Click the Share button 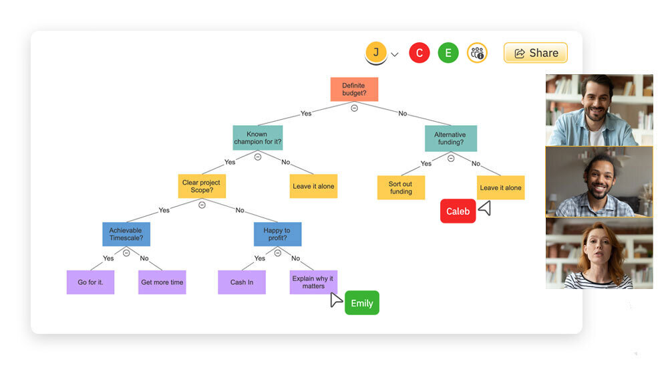point(536,53)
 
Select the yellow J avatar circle point(376,52)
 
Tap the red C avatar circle point(420,53)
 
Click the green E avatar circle point(448,53)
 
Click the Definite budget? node point(354,89)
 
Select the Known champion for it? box point(258,138)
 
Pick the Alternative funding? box point(450,138)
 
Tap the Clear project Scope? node point(202,186)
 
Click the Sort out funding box point(401,187)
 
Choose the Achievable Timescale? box point(126,234)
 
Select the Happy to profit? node point(277,234)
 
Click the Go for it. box point(90,282)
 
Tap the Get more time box point(162,282)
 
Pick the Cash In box point(242,282)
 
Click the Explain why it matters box point(313,282)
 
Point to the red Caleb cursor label point(458,211)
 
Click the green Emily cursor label point(362,303)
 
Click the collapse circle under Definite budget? point(355,108)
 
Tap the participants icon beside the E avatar point(477,53)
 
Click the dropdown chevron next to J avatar point(395,55)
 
